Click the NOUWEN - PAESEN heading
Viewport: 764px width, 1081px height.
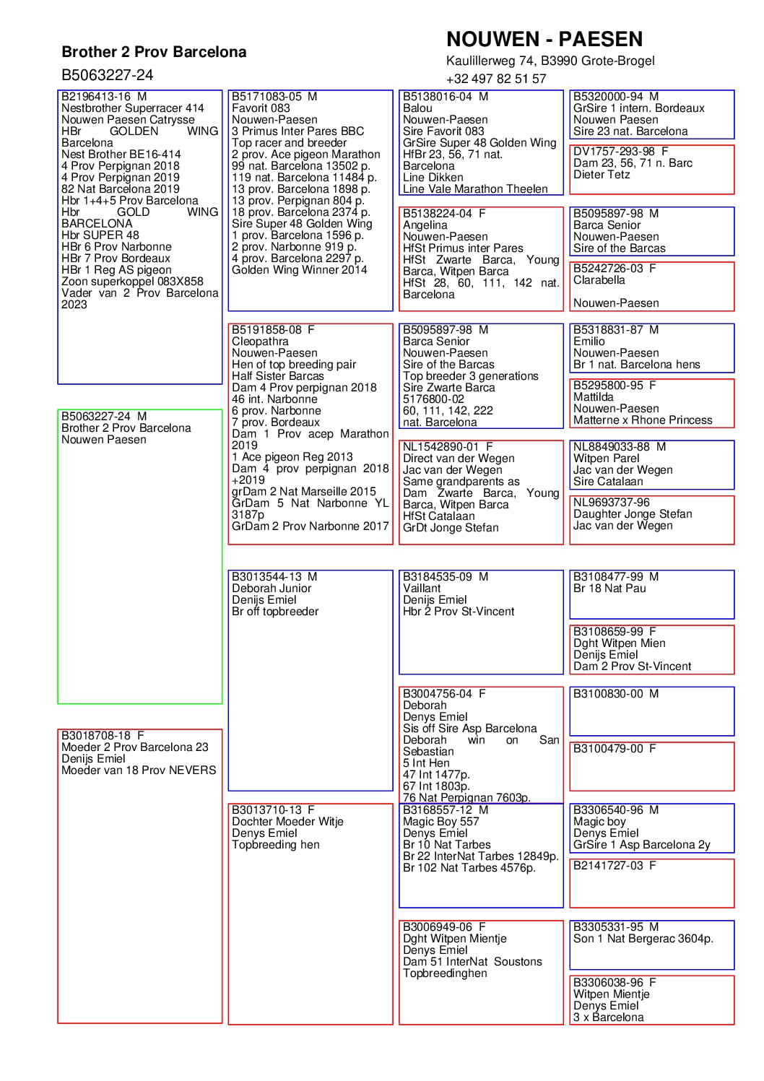click(544, 39)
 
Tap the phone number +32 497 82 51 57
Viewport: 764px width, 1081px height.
click(496, 79)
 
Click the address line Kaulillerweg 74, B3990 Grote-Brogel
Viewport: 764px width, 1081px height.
click(550, 61)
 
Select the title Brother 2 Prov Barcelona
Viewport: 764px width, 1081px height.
click(154, 52)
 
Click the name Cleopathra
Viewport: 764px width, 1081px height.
click(260, 342)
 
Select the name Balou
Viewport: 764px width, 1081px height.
click(417, 108)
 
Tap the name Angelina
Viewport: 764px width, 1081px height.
click(425, 225)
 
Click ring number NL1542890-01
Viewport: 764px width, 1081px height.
click(440, 447)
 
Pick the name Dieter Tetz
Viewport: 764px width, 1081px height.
click(602, 175)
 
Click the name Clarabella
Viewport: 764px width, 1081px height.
click(599, 280)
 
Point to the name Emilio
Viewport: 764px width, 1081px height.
click(589, 342)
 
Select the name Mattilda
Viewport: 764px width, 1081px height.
click(593, 397)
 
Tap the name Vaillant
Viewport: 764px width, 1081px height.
click(422, 589)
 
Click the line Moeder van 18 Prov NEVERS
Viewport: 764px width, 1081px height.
click(139, 770)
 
